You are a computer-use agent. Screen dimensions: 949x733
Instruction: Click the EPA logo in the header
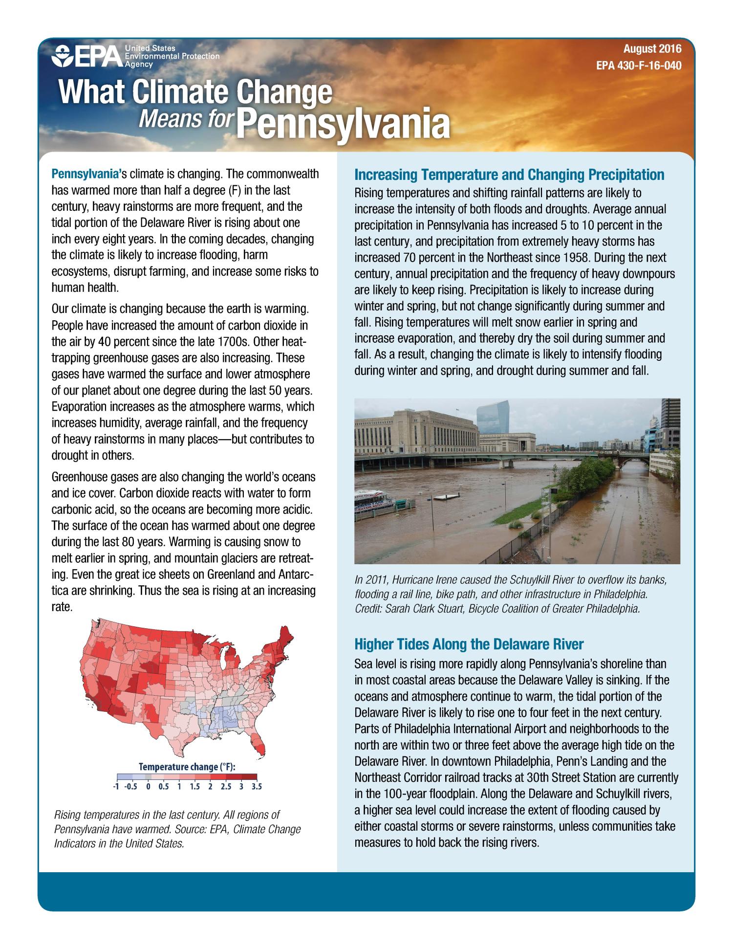tap(87, 57)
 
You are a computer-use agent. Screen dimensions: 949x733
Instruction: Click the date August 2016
tap(652, 49)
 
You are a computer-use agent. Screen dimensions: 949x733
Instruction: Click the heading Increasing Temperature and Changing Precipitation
tap(509, 175)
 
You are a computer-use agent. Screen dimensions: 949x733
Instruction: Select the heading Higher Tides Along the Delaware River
tap(469, 644)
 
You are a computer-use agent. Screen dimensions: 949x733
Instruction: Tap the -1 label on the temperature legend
tap(116, 787)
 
